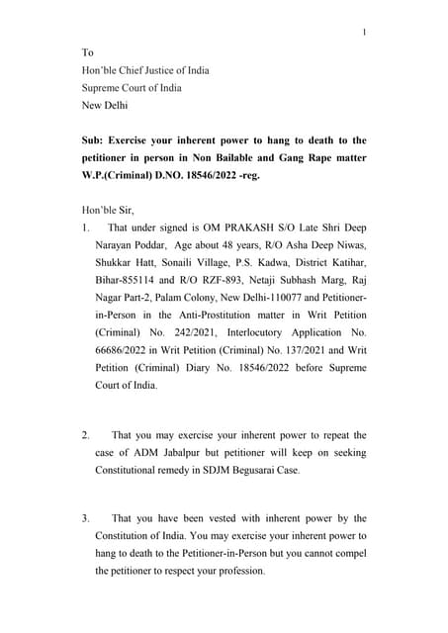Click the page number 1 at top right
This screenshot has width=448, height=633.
point(364,33)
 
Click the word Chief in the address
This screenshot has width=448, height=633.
point(133,69)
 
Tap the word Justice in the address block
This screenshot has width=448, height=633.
point(169,69)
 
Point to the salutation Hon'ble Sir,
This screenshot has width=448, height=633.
point(107,209)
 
